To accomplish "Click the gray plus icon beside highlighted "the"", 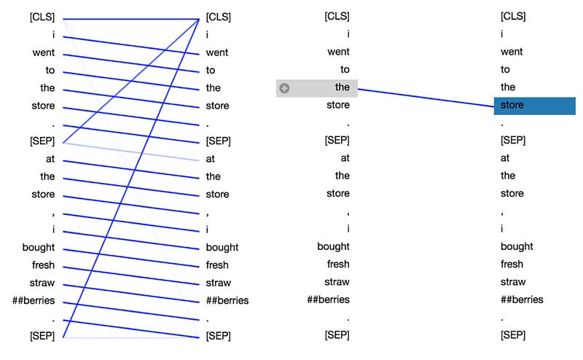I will click(284, 88).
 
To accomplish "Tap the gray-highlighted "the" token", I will click(342, 87).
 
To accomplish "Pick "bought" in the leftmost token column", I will click(39, 247).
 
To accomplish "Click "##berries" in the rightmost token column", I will click(522, 300).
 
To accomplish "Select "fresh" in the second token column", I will click(217, 265).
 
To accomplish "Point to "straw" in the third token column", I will click(337, 281).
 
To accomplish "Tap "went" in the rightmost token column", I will click(512, 52).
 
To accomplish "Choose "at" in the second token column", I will click(211, 158).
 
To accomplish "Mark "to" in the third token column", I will click(345, 69).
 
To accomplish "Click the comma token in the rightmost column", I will click(502, 211).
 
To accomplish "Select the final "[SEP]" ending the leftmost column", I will click(42, 336).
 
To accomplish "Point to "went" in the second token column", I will click(217, 52).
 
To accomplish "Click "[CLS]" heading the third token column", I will click(337, 16).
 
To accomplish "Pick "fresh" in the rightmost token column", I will click(512, 264).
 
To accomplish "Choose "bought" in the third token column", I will click(333, 246).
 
